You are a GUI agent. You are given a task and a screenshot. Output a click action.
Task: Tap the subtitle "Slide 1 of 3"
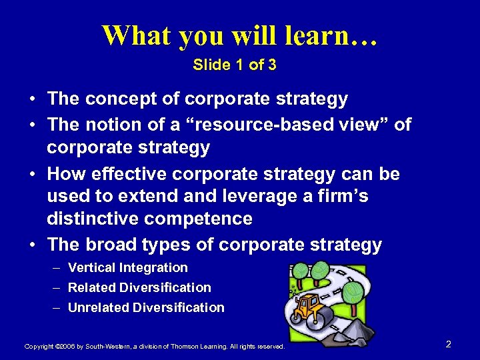pos(234,65)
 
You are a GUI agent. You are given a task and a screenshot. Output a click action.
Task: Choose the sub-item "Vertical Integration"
pos(128,268)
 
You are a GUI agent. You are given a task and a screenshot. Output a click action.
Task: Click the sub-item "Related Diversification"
pos(139,288)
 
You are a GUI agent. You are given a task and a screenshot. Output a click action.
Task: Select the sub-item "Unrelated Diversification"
pos(146,308)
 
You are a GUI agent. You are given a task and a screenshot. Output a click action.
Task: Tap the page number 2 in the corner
pos(448,344)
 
